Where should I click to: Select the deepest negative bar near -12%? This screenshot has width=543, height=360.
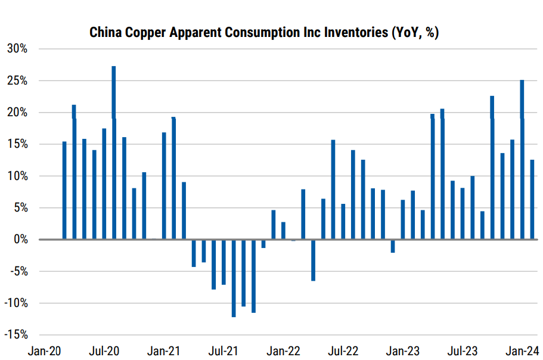pos(234,278)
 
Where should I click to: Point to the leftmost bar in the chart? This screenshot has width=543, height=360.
pos(64,190)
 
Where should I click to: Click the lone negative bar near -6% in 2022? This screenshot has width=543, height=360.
pos(313,260)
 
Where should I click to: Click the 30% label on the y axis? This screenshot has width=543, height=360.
pos(17,49)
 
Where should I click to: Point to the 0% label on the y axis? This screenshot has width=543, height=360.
pos(20,240)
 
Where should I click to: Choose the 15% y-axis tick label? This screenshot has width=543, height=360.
pos(17,144)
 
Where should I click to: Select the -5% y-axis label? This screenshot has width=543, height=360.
pos(17,271)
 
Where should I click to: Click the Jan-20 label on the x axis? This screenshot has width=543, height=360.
pos(44,350)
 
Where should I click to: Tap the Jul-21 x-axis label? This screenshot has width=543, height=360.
pos(224,350)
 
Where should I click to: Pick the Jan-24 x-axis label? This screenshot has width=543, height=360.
pos(523,350)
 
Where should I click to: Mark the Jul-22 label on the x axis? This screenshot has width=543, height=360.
pos(343,350)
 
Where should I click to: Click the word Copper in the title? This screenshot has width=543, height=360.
pos(141,33)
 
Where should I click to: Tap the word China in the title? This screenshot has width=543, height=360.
pos(104,33)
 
